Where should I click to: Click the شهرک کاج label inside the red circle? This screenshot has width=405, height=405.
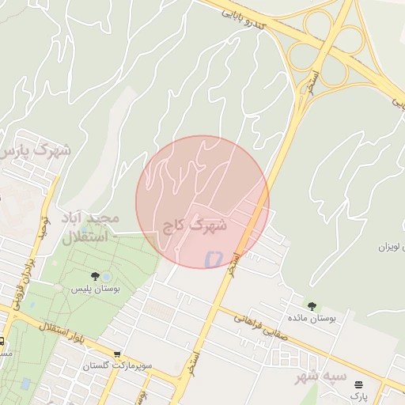195,225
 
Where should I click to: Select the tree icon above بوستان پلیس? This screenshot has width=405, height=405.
96,276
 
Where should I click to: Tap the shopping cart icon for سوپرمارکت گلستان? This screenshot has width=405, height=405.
117,354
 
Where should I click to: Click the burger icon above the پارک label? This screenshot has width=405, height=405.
359,384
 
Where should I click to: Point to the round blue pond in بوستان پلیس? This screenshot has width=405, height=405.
106,276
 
